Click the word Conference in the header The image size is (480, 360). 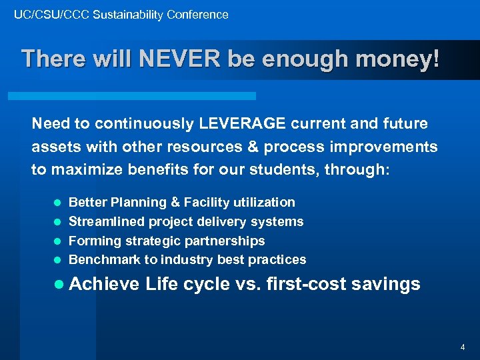pyautogui.click(x=197, y=14)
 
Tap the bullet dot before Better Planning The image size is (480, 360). pyautogui.click(x=57, y=203)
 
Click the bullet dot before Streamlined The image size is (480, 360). pyautogui.click(x=57, y=222)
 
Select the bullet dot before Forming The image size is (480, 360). pyautogui.click(x=57, y=241)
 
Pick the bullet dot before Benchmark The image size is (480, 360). pyautogui.click(x=57, y=260)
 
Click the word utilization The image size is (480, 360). pyautogui.click(x=263, y=202)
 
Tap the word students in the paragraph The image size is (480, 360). pyautogui.click(x=351, y=169)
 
